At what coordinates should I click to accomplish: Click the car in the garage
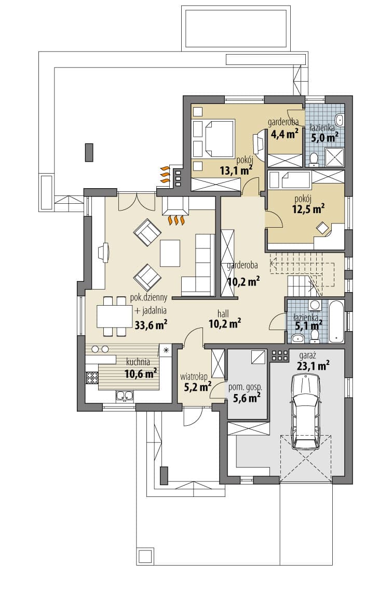(306, 411)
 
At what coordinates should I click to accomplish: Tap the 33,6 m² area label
(151, 324)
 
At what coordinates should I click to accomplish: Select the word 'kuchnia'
(138, 362)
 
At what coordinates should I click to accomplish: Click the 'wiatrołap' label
(194, 376)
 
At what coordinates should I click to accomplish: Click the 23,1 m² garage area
(313, 365)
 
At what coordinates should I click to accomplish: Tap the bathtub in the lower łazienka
(335, 321)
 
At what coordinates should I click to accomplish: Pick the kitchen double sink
(125, 396)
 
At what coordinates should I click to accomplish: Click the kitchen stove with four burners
(91, 377)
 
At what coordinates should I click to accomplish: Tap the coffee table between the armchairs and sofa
(170, 253)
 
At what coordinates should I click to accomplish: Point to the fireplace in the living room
(175, 206)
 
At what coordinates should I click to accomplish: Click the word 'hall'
(223, 314)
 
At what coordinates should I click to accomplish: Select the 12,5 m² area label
(309, 208)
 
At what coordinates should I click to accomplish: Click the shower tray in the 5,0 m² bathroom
(334, 157)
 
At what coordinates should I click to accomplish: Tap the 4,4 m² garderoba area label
(285, 134)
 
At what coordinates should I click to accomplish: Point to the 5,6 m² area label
(246, 398)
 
